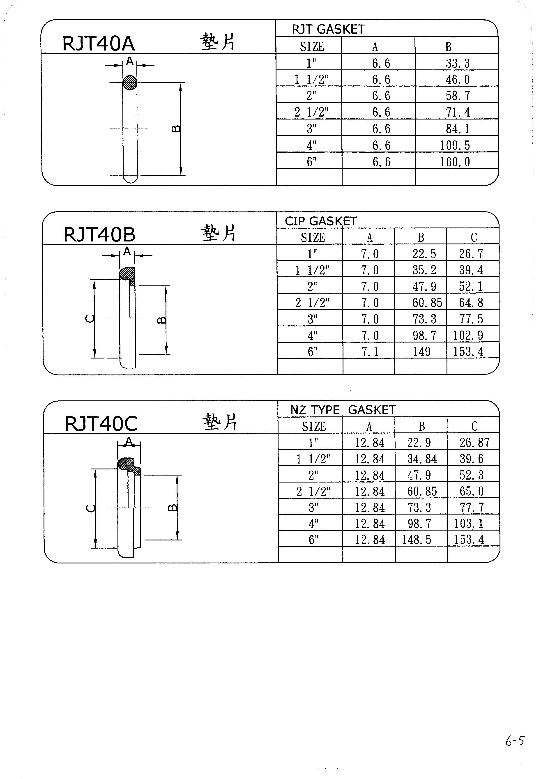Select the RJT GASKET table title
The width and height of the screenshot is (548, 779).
(x=328, y=30)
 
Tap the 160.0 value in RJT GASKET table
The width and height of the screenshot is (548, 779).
(x=455, y=162)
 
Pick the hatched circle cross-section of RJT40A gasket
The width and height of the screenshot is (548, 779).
(x=130, y=83)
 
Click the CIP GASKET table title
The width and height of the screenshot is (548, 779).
(x=321, y=221)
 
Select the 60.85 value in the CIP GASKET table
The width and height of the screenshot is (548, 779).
(x=427, y=303)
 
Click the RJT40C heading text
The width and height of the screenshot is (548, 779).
(x=101, y=423)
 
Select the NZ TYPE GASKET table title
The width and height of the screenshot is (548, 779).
(x=343, y=410)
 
